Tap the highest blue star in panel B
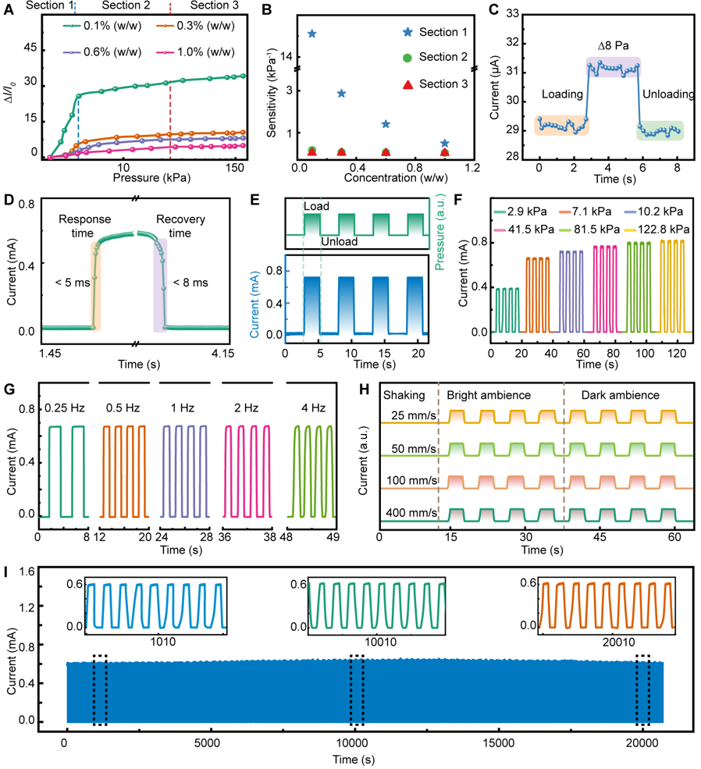coord(311,34)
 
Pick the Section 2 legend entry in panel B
coord(443,57)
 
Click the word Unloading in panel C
coord(668,94)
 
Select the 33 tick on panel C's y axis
coord(513,13)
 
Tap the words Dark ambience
coord(620,396)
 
